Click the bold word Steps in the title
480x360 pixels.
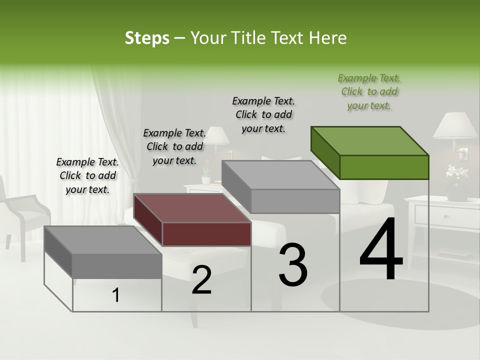click(x=147, y=38)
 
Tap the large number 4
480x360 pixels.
click(x=381, y=250)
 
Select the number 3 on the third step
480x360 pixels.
click(x=293, y=265)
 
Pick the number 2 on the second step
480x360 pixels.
click(x=201, y=280)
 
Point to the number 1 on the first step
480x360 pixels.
click(x=116, y=295)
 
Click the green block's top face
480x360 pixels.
click(x=370, y=140)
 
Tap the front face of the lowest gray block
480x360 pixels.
click(x=117, y=265)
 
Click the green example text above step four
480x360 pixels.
click(x=369, y=92)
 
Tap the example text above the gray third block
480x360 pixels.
click(x=263, y=114)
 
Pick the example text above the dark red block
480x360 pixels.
click(x=174, y=146)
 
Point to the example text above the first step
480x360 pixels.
click(x=87, y=175)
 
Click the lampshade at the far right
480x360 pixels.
click(x=455, y=125)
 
